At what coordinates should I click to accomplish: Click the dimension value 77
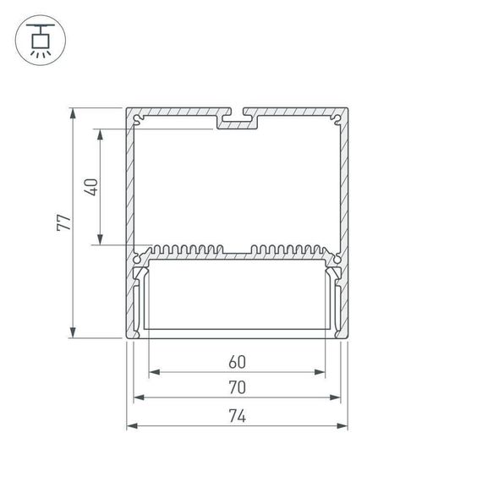tap(63, 223)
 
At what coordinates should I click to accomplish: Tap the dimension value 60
tap(237, 362)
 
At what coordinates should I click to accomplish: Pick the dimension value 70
tap(237, 387)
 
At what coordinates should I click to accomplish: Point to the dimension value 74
tap(237, 415)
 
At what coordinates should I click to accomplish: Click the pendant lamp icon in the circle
tap(39, 39)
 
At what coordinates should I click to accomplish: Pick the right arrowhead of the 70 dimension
tap(336, 397)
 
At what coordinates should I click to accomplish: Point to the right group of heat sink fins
tap(288, 250)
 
